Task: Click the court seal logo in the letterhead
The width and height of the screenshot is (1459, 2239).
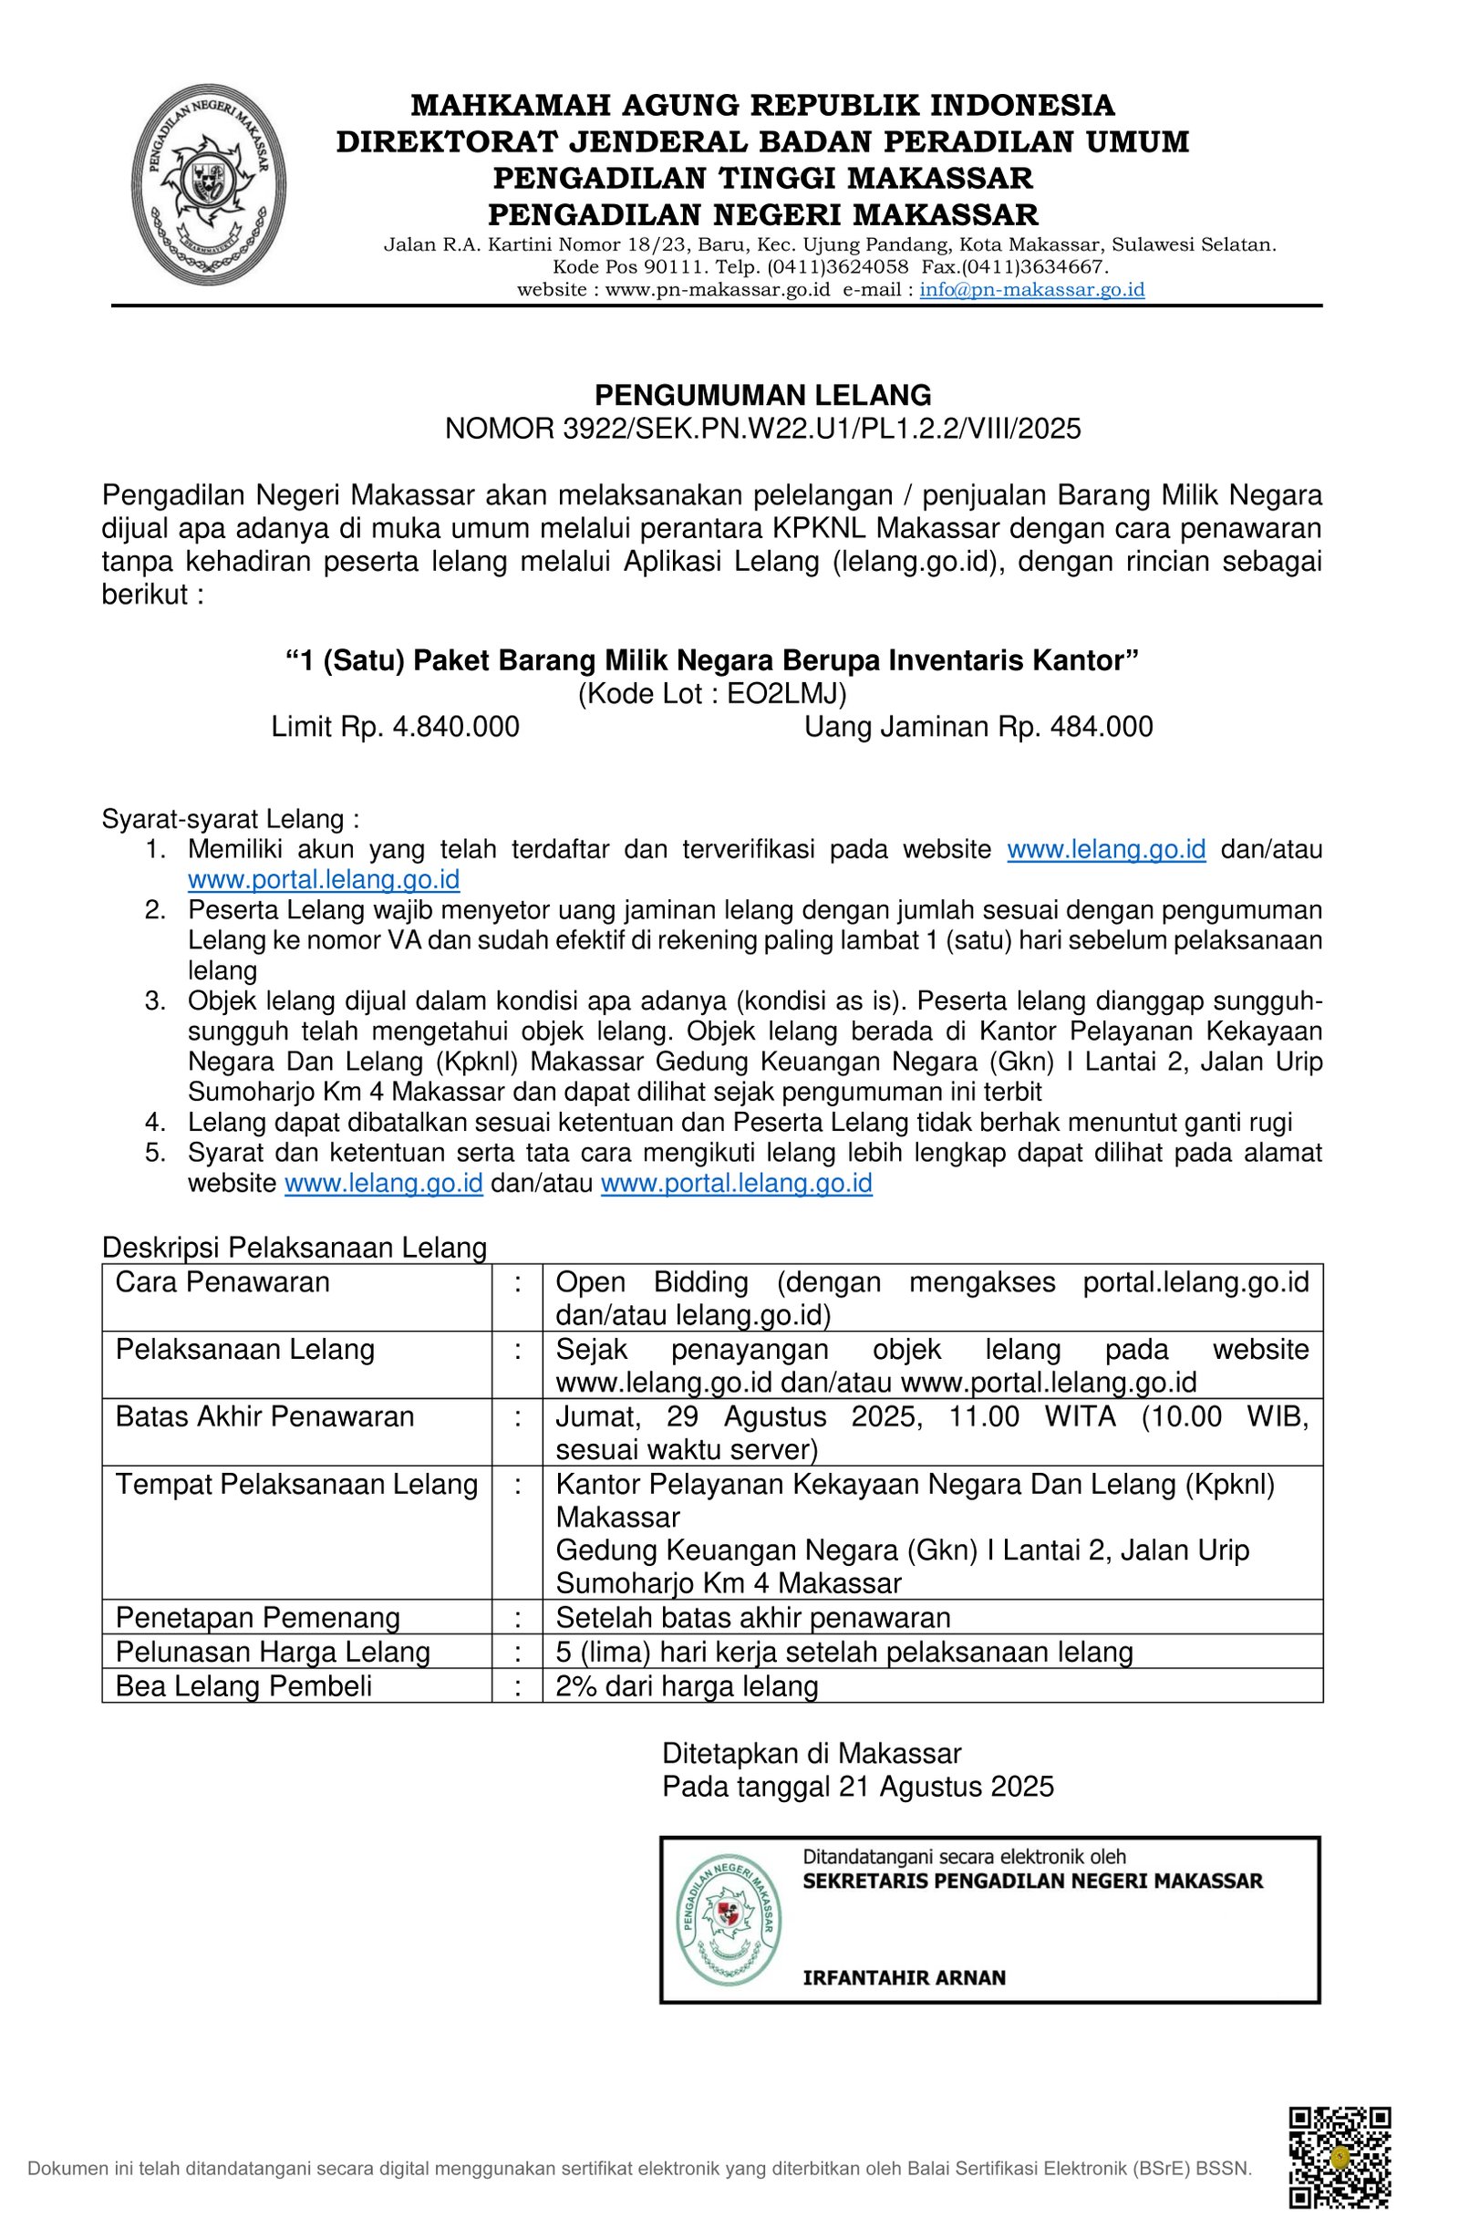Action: (x=210, y=184)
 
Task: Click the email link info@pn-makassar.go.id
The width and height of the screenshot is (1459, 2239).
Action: (x=1031, y=290)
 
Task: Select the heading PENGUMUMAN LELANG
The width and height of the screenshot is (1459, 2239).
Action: (x=762, y=394)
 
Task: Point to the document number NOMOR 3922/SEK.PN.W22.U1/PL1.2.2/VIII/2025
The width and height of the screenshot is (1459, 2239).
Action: (x=762, y=429)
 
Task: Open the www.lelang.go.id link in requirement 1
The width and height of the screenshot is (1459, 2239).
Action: (x=1105, y=849)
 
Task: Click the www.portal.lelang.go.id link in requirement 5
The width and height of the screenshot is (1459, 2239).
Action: (x=736, y=1183)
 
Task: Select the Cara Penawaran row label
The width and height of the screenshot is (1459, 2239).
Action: (x=222, y=1282)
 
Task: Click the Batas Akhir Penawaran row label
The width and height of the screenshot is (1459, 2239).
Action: (x=264, y=1416)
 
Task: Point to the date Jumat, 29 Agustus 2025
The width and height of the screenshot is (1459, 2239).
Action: (x=739, y=1416)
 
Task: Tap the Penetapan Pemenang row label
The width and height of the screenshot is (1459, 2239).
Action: (x=258, y=1617)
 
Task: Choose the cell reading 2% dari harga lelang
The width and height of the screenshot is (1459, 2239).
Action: (x=687, y=1685)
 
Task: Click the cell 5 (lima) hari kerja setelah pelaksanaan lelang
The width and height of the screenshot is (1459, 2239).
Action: (x=843, y=1652)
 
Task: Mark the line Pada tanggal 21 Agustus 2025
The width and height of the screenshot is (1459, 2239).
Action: (x=857, y=1787)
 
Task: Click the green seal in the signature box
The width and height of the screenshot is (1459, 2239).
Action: (x=729, y=1920)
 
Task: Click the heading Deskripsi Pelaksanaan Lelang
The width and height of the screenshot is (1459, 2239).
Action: (x=295, y=1248)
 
